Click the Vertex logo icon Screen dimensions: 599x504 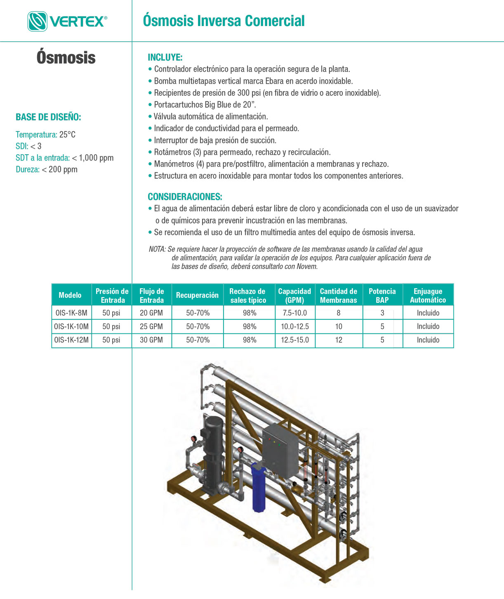click(37, 21)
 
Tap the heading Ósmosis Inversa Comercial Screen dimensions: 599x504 click(224, 21)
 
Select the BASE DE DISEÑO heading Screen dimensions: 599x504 click(48, 117)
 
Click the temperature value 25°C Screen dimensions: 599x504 click(67, 134)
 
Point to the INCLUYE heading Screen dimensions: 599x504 click(165, 57)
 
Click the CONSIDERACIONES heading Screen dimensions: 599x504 click(185, 196)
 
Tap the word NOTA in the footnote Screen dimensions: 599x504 click(157, 249)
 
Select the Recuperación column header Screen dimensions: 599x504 click(197, 295)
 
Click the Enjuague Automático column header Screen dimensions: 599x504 click(428, 295)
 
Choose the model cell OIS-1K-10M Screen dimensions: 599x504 click(71, 326)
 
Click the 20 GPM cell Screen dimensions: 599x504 click(151, 313)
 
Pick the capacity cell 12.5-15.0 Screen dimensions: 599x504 click(295, 340)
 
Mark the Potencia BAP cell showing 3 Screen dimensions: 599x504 click(382, 313)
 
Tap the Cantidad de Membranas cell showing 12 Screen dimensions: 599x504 click(339, 340)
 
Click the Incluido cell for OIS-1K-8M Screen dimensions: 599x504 click(428, 313)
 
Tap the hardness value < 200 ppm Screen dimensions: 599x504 click(59, 169)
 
